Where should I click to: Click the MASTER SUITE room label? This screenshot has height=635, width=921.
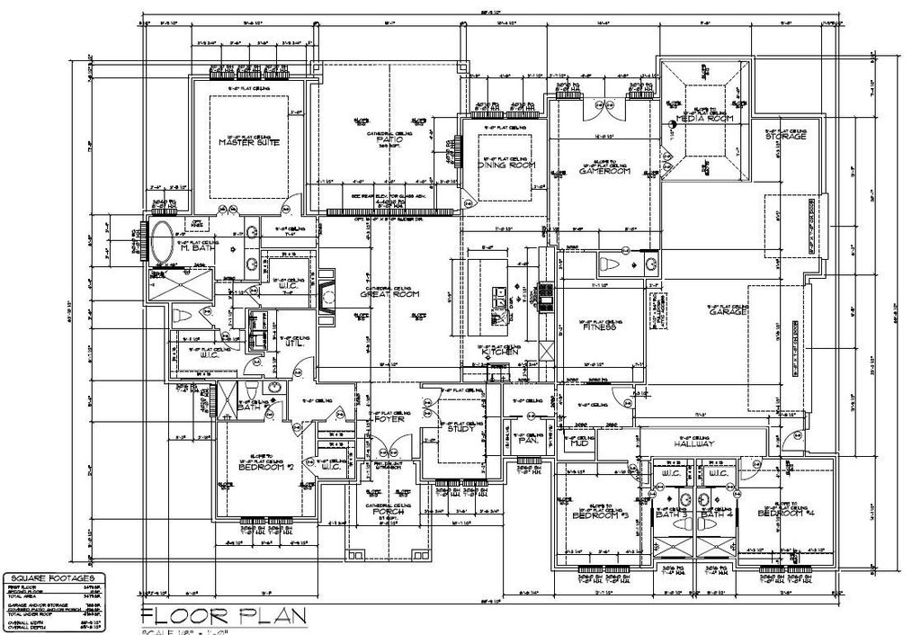pos(248,143)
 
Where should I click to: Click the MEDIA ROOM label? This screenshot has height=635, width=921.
pos(705,119)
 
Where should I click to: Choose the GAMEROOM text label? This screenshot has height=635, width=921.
pos(603,172)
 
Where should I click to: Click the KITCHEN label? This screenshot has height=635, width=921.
pos(500,352)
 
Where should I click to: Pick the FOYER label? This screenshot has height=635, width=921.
pos(389,419)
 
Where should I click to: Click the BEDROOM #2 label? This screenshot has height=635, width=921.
pos(267,468)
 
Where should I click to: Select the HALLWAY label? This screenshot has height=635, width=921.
pos(693,444)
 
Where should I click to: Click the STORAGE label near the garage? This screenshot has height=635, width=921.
pos(786,136)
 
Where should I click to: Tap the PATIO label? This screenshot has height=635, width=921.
pos(389,140)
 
